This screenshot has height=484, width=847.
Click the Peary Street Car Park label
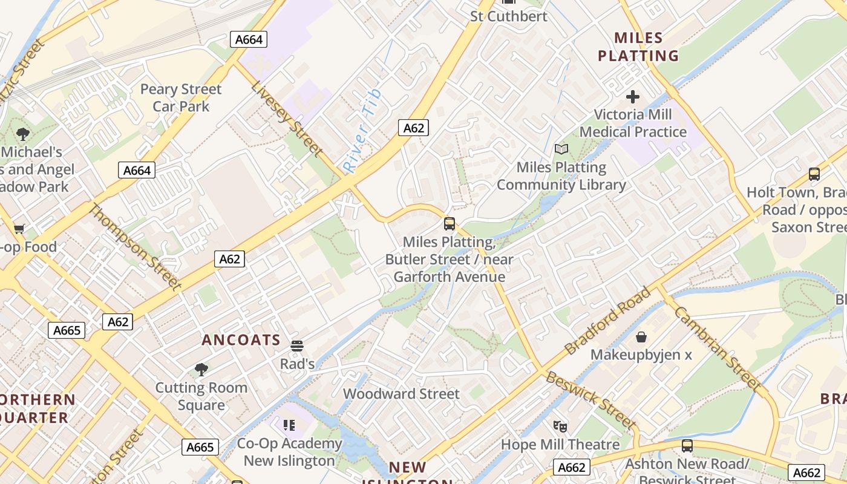coord(181,98)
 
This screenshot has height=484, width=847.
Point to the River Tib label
coord(362,131)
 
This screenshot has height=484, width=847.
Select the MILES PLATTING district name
coord(638,47)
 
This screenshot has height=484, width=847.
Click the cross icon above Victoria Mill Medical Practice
coord(633,97)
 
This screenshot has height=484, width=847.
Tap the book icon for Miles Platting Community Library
coord(561,149)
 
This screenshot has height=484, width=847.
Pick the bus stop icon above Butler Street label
coord(449,224)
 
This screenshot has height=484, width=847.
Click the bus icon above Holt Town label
coord(814,174)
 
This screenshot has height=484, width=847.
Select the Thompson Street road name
coord(135,247)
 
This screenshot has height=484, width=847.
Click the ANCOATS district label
coord(241,340)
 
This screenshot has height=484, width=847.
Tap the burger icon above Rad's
coord(296,346)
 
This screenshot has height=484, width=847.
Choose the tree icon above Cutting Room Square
coord(201,369)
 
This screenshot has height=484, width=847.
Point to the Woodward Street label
coord(401,394)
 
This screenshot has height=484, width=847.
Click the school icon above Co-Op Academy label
coord(289,425)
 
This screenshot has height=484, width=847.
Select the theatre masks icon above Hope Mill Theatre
coord(560,427)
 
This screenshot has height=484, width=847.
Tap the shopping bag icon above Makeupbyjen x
coord(641,336)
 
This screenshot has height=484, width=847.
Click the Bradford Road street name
coord(607,321)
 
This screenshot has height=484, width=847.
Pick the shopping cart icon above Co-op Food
coord(19,229)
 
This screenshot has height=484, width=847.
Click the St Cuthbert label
coord(509,16)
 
